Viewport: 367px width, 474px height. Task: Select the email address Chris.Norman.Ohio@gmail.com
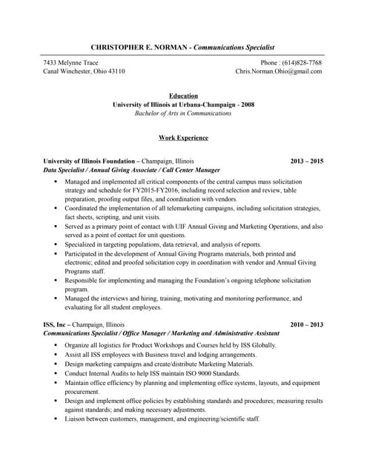coord(279,72)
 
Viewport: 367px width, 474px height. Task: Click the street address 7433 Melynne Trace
coord(71,63)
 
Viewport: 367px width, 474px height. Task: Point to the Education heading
coord(183,96)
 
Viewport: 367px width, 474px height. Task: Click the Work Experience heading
coord(183,138)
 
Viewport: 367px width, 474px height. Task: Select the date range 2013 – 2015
coord(307,161)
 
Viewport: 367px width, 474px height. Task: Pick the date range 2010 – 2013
coord(307,325)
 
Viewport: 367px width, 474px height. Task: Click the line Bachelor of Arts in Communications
coord(183,114)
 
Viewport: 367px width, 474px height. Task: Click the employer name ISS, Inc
coord(56,325)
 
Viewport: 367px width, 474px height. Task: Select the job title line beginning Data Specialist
coord(132,170)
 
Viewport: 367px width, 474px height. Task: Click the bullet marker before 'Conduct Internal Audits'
coord(56,374)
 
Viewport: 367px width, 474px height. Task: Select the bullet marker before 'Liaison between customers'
coord(56,419)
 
